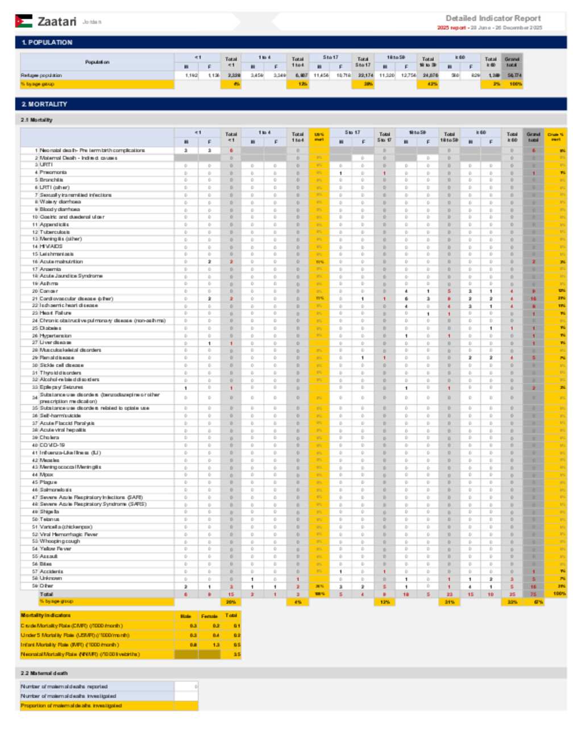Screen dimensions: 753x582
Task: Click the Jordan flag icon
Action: coord(23,21)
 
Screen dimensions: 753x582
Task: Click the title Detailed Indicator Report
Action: coord(493,18)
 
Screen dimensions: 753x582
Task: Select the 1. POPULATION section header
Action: coord(47,43)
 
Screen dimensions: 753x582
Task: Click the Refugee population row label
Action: coord(41,75)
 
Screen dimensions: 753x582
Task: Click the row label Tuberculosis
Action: coord(55,232)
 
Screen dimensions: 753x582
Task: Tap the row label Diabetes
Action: coord(51,328)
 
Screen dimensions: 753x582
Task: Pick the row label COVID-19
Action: coord(52,445)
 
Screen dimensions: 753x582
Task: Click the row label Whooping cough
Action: coord(60,541)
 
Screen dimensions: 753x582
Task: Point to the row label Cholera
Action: coord(49,438)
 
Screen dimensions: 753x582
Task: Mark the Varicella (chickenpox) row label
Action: coord(66,527)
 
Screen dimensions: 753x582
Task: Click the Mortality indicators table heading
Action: coord(46,615)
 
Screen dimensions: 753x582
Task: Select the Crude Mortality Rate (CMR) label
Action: coord(72,626)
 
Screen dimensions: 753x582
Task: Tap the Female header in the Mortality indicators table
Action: coord(209,616)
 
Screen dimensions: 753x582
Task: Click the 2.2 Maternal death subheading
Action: coord(44,673)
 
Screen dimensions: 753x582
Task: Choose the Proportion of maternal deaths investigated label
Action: coord(72,706)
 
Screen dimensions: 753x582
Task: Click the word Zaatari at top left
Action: coord(57,22)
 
